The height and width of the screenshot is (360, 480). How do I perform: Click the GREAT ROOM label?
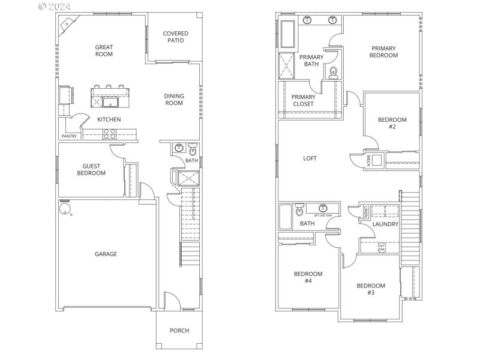(104, 50)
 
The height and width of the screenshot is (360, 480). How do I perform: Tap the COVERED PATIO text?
(175, 37)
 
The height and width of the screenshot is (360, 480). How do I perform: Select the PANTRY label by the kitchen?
(69, 137)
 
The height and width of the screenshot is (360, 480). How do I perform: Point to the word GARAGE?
(106, 254)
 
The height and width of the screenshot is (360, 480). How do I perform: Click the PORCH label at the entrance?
(179, 331)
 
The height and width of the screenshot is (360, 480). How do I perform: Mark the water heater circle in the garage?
(64, 209)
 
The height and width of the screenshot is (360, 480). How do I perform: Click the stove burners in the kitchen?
(110, 133)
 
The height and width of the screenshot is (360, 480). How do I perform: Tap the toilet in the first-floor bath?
(192, 149)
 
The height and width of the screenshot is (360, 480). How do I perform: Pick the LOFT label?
(310, 158)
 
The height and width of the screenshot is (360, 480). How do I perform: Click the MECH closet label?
(368, 160)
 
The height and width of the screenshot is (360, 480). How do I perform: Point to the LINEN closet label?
(365, 211)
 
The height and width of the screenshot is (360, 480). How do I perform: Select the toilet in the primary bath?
(333, 73)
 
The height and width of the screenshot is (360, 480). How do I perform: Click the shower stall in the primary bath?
(286, 65)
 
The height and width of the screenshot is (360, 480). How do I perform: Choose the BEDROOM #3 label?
(371, 289)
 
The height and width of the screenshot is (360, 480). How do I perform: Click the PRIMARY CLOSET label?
(303, 100)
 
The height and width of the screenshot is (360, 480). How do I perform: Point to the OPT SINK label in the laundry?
(382, 247)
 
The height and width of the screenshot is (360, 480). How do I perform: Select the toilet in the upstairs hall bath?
(299, 211)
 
